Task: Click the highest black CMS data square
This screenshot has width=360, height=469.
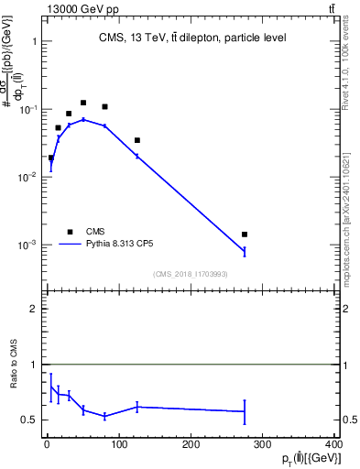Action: (x=83, y=103)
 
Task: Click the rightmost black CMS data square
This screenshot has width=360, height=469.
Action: (x=245, y=234)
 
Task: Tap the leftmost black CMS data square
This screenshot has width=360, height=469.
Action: (x=51, y=158)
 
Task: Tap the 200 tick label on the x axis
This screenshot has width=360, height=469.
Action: (x=191, y=445)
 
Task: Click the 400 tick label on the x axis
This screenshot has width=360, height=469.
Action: (x=335, y=445)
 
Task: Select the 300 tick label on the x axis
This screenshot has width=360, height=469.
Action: (x=264, y=445)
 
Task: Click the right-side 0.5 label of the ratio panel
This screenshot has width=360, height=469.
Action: (x=349, y=420)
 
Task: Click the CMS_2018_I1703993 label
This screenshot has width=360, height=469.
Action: (x=190, y=274)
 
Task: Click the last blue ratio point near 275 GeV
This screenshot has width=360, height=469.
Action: (x=245, y=411)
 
